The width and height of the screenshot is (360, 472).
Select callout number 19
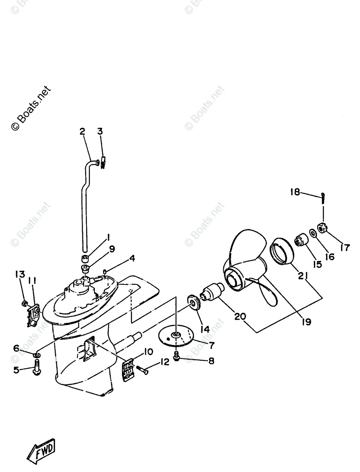(306, 322)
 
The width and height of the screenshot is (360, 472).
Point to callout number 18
(295, 192)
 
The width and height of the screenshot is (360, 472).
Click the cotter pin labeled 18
(323, 196)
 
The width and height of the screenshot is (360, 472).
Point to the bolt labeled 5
(37, 369)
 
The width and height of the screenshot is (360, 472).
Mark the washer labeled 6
(37, 356)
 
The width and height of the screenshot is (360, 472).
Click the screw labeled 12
(143, 371)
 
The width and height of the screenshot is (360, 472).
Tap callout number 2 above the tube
(82, 131)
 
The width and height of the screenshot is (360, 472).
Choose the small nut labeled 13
(24, 303)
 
